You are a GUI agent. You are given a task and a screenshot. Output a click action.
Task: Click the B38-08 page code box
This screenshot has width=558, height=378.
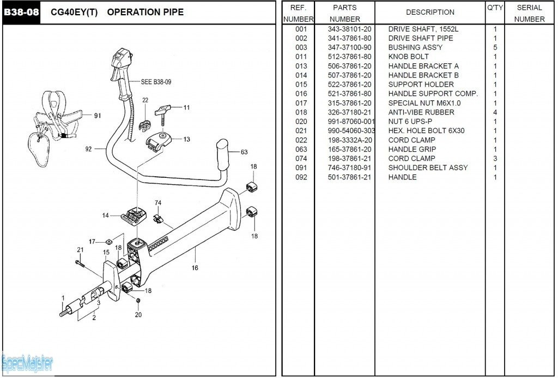(x=21, y=13)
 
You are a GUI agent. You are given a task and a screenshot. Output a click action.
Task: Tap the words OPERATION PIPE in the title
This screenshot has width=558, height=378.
(x=145, y=12)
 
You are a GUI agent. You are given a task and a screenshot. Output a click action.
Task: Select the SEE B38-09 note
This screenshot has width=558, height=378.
(x=156, y=82)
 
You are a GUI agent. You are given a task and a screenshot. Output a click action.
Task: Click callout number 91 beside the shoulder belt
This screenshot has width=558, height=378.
(x=98, y=116)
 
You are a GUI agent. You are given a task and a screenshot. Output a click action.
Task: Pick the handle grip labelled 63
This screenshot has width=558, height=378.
(x=223, y=154)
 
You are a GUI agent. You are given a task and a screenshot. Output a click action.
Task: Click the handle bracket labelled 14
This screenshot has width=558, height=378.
(x=134, y=215)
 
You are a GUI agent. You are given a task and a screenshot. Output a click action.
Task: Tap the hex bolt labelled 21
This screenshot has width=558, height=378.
(x=80, y=263)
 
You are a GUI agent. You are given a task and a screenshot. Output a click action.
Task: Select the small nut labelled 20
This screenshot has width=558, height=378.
(x=138, y=301)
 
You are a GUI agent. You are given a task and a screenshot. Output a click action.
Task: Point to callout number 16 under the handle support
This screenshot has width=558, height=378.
(x=195, y=268)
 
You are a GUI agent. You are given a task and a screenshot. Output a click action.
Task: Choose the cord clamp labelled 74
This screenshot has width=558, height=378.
(x=157, y=218)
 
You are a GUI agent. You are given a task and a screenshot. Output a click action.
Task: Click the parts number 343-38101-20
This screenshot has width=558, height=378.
(x=349, y=29)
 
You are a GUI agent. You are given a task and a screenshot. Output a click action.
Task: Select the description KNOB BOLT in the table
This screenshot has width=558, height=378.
(x=408, y=57)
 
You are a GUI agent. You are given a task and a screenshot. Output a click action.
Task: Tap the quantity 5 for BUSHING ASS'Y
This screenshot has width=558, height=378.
(x=495, y=47)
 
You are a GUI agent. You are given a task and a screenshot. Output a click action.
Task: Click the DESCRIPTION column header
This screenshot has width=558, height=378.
(x=430, y=12)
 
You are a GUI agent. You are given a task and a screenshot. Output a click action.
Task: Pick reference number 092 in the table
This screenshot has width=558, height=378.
(x=301, y=177)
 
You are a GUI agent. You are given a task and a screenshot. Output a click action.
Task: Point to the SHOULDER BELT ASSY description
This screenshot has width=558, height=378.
(x=428, y=168)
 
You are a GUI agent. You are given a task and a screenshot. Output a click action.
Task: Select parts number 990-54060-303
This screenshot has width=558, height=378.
(x=351, y=131)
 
